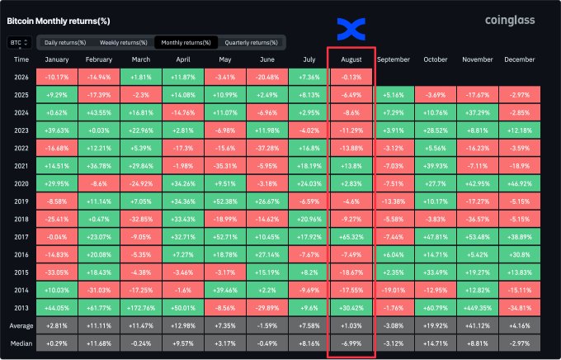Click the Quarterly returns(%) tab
point(251,43)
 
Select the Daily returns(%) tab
point(65,43)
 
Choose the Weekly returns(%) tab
point(124,43)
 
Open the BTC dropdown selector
point(19,43)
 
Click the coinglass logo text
point(510,21)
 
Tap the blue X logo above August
point(351,29)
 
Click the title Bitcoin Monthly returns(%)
point(59,21)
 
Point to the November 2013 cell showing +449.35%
point(478,308)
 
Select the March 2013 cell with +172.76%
point(141,308)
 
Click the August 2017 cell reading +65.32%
point(351,237)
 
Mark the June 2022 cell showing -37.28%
point(267,149)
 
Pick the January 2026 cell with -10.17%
point(57,78)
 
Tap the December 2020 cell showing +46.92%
point(520,184)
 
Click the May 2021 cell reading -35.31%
point(225,166)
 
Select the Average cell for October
point(436,326)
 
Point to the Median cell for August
point(351,343)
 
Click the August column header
point(351,59)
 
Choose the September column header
point(394,59)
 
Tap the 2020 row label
point(21,184)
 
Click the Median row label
point(21,343)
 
